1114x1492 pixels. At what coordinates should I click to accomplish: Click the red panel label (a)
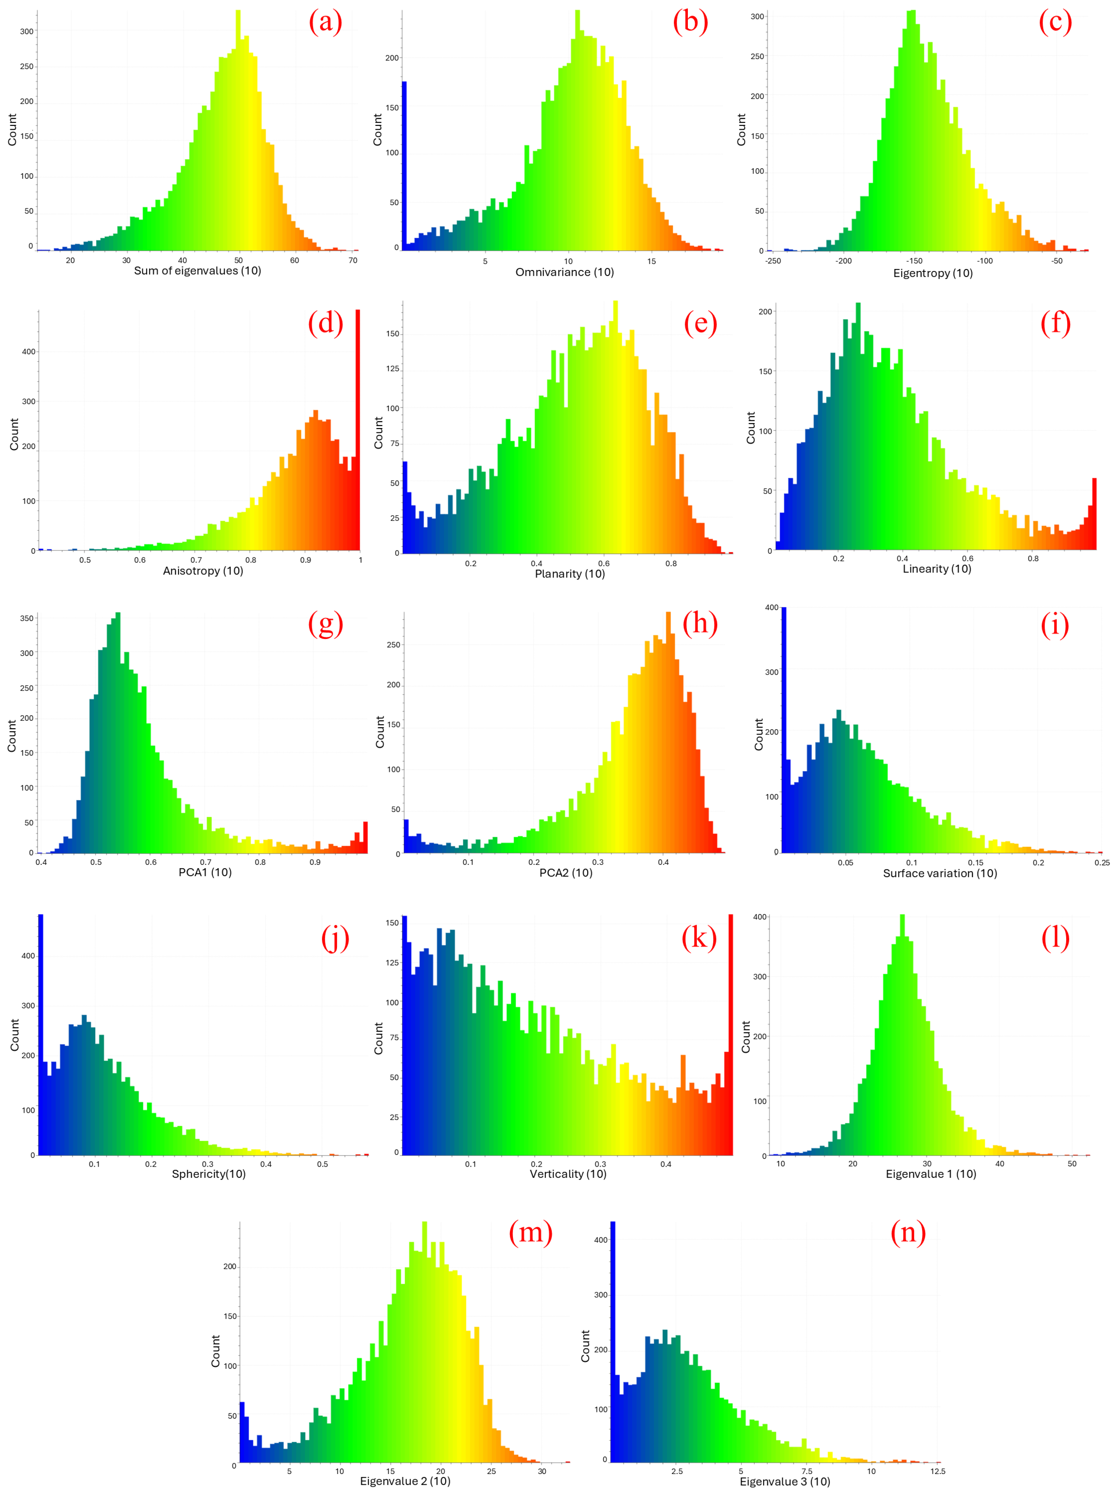[x=326, y=22]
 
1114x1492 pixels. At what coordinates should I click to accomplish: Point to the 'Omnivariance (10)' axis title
[x=564, y=272]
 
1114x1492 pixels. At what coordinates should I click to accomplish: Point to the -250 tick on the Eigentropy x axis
[x=773, y=261]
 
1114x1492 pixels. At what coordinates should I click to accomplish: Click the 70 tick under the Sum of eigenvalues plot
[x=353, y=260]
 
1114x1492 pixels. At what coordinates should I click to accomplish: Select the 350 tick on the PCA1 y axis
[x=26, y=618]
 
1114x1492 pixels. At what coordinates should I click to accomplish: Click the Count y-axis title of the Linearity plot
[x=751, y=428]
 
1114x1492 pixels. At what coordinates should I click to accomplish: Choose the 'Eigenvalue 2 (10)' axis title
[x=404, y=1481]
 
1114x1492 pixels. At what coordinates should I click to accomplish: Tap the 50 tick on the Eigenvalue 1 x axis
[x=1072, y=1164]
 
